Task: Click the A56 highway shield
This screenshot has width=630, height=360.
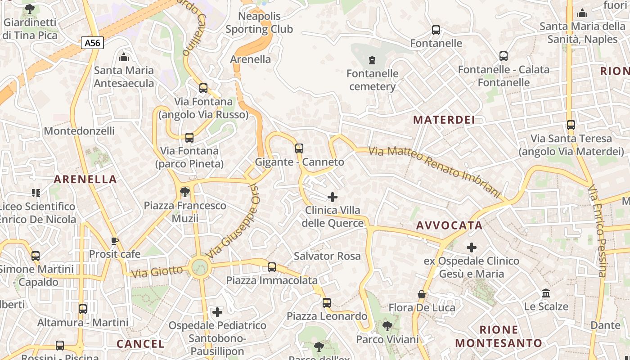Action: [93, 43]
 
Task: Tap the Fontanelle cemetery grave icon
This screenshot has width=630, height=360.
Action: [372, 60]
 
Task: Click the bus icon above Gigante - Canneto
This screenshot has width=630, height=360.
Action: [299, 148]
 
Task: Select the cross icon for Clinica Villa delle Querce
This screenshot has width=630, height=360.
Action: [333, 197]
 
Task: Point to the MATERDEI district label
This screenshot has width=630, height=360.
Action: [444, 120]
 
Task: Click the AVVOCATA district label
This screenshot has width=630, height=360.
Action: [449, 225]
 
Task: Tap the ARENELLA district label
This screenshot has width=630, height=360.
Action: [85, 179]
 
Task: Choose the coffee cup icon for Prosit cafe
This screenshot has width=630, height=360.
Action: [115, 241]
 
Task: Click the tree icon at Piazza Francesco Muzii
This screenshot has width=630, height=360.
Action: [184, 192]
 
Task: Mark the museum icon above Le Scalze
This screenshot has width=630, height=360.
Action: [546, 293]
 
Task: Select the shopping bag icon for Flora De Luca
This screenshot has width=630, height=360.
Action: [422, 294]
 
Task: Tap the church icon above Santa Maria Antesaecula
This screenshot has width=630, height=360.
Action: [124, 57]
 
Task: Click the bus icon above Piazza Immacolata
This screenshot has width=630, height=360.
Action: [272, 267]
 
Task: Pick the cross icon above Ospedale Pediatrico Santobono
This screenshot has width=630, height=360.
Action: [217, 312]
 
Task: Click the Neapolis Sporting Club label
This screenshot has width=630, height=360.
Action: [259, 23]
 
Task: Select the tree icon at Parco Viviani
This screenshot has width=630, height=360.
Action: [387, 326]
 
